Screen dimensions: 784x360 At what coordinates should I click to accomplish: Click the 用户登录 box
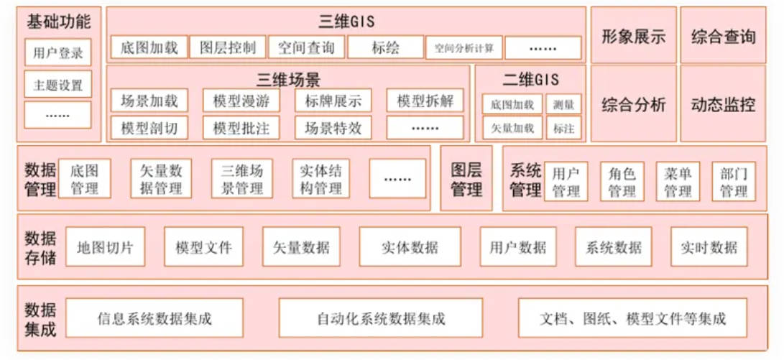click(58, 52)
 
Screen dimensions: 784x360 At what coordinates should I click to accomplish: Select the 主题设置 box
click(58, 84)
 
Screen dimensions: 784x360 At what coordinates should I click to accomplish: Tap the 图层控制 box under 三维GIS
click(228, 47)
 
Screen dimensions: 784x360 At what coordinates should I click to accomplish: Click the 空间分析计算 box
click(464, 48)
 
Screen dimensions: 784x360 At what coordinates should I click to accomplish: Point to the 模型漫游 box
click(241, 101)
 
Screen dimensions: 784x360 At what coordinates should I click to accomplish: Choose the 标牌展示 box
click(333, 101)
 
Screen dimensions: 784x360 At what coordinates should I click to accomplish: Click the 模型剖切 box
click(149, 127)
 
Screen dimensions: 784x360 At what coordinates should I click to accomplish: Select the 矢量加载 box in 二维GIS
click(512, 127)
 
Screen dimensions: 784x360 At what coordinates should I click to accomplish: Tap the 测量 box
click(563, 104)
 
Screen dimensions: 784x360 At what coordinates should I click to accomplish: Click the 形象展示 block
click(634, 35)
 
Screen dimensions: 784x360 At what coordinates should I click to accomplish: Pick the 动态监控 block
click(723, 103)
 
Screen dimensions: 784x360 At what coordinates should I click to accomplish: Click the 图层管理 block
click(466, 178)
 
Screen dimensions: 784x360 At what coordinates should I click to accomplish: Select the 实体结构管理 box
click(321, 178)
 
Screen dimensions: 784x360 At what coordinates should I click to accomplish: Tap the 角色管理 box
click(622, 182)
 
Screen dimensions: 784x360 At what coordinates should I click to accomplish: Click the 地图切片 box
click(106, 246)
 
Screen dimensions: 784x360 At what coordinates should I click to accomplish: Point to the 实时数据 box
click(709, 246)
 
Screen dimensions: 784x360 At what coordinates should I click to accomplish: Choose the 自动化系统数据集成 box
click(381, 318)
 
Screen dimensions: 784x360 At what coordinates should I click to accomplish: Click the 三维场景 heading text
click(288, 80)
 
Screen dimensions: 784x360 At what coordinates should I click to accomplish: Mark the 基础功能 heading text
click(58, 22)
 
